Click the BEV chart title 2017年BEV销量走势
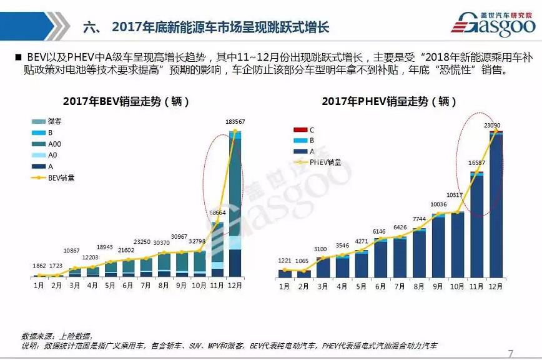click(x=126, y=101)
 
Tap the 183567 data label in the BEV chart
click(x=235, y=121)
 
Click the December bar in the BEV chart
click(x=235, y=206)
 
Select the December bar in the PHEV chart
click(x=496, y=206)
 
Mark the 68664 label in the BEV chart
click(x=217, y=213)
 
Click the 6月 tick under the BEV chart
click(x=127, y=286)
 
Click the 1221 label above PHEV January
click(x=285, y=260)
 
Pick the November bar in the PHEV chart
click(x=478, y=225)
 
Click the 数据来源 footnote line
click(x=56, y=336)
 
